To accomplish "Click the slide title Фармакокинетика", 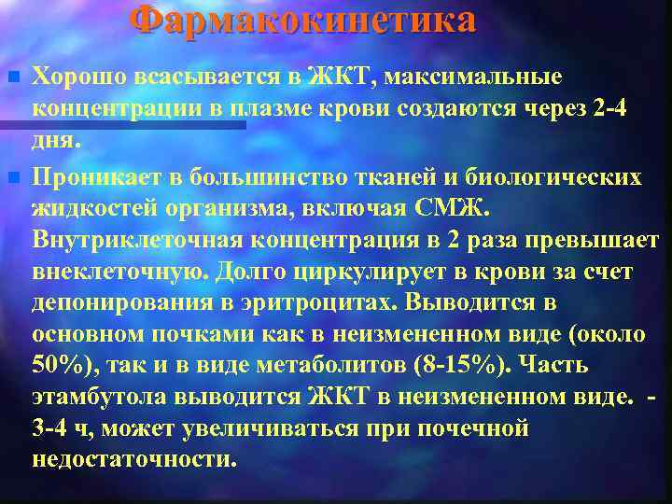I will click(x=302, y=21).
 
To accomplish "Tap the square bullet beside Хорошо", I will click(x=11, y=75).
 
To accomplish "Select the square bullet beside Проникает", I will click(x=11, y=176).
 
